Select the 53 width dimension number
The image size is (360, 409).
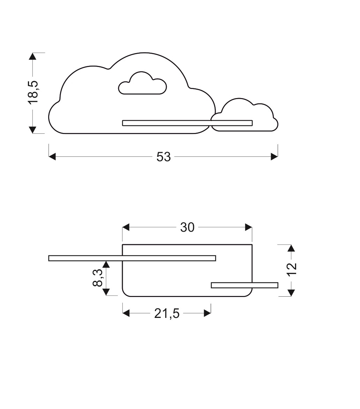pyautogui.click(x=163, y=157)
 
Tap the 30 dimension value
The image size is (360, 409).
pyautogui.click(x=187, y=228)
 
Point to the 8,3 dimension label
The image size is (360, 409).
pyautogui.click(x=98, y=278)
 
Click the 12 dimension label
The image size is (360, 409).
pyautogui.click(x=292, y=269)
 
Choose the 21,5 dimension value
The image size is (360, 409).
pyautogui.click(x=167, y=314)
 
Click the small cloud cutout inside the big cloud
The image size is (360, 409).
pyautogui.click(x=142, y=84)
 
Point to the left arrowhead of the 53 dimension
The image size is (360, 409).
pyautogui.click(x=52, y=157)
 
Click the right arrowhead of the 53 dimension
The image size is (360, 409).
pyautogui.click(x=274, y=157)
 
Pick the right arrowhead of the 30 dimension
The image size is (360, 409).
pyautogui.click(x=248, y=228)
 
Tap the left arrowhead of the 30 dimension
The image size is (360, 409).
pyautogui.click(x=126, y=228)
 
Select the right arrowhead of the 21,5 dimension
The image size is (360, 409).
pyautogui.click(x=207, y=313)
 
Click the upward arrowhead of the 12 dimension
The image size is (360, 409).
pyautogui.click(x=292, y=248)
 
